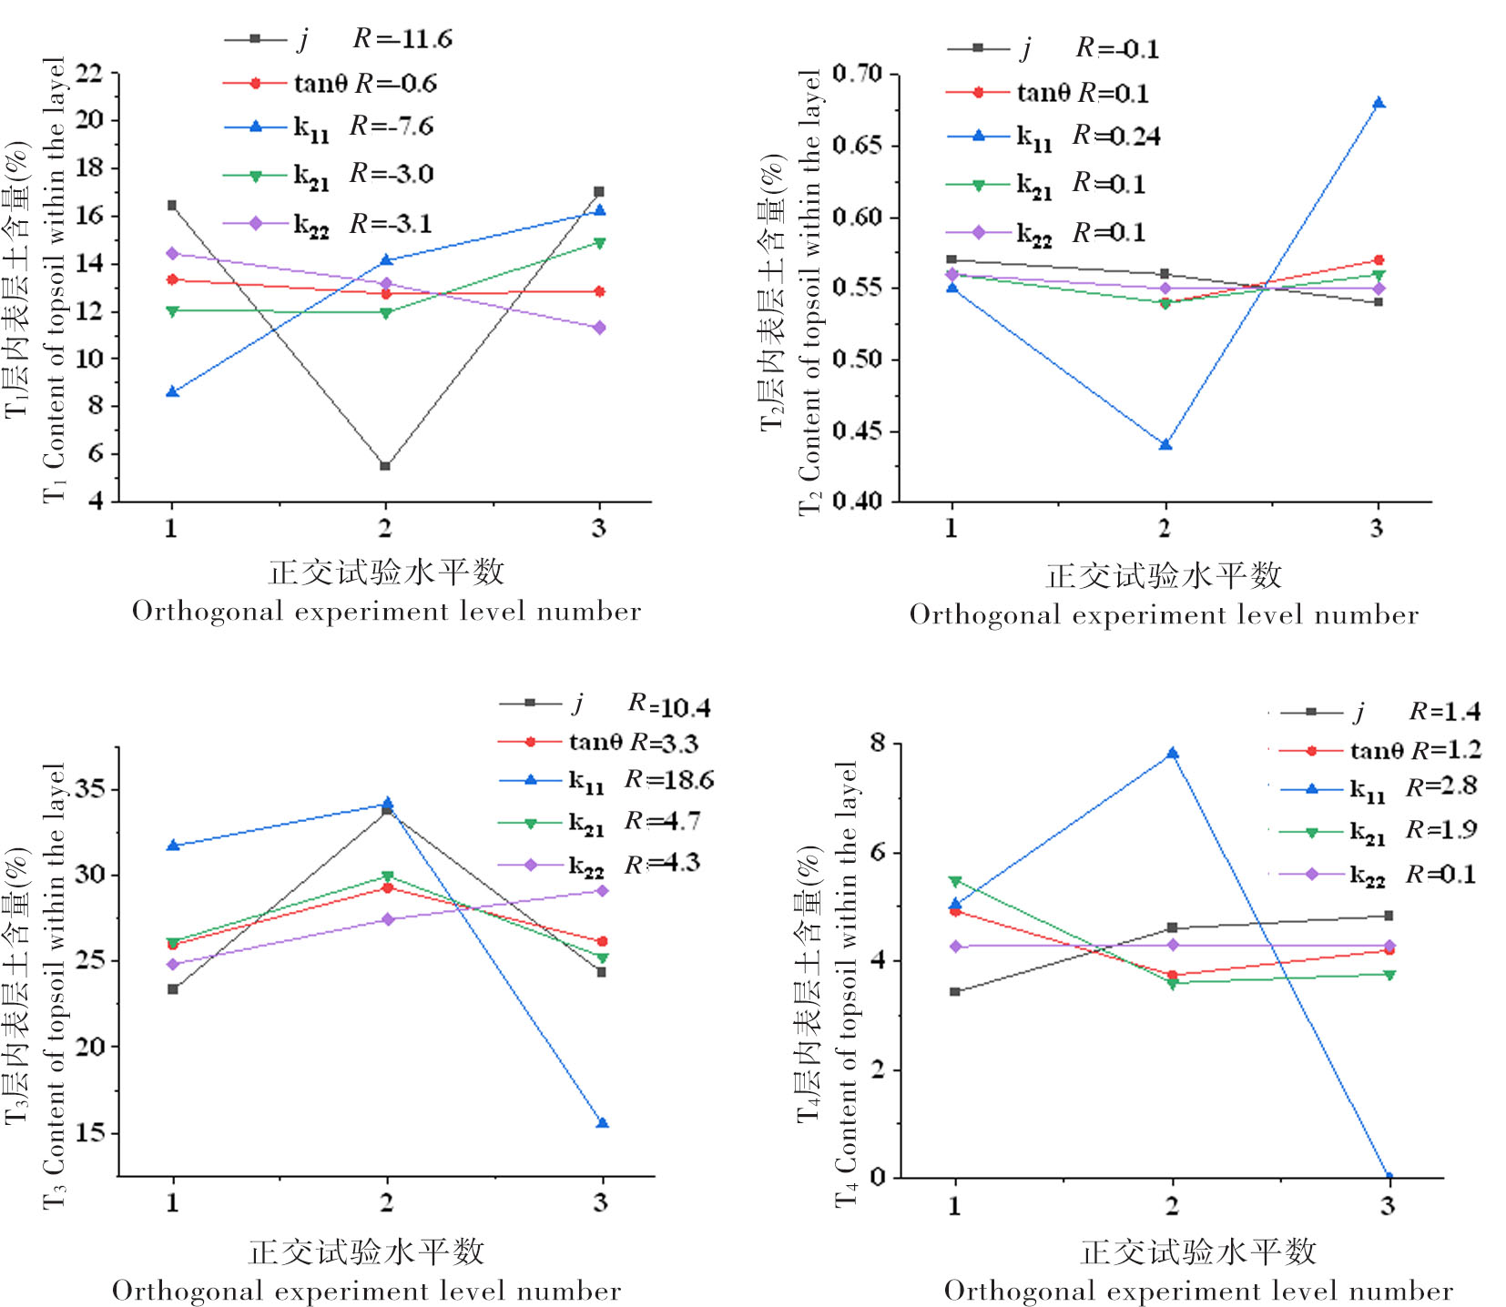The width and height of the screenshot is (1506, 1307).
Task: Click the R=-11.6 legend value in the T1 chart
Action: (402, 39)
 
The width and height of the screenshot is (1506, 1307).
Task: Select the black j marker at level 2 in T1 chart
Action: (385, 466)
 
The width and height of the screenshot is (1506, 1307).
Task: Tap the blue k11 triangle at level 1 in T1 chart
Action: (172, 391)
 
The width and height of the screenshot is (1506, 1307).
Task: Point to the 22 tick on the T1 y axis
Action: (88, 73)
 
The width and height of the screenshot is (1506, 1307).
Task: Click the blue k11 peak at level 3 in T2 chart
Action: (1379, 103)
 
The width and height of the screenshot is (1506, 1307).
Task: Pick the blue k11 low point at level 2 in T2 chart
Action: (1165, 444)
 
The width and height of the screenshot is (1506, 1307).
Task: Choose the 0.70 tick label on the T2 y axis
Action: (857, 73)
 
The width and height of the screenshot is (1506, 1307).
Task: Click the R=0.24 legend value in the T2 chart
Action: (1116, 137)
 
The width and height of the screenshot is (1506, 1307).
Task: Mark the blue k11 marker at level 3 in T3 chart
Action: (602, 1123)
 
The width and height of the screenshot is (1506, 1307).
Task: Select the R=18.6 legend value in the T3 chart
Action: (669, 780)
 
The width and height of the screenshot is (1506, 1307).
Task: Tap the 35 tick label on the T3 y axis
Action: (88, 788)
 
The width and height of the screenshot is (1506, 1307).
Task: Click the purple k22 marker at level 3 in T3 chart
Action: (602, 890)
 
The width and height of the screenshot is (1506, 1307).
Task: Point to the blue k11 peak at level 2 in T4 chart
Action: (1173, 753)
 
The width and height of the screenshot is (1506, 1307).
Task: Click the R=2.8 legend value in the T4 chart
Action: (1441, 786)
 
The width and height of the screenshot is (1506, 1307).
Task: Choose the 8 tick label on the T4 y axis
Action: (877, 743)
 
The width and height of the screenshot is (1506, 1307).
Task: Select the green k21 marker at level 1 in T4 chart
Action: (955, 881)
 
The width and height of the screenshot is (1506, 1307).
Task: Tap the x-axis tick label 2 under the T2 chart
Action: (1165, 528)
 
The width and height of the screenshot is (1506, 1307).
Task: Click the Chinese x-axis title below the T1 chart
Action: (386, 572)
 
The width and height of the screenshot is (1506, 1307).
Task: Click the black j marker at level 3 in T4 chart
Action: (1389, 916)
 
